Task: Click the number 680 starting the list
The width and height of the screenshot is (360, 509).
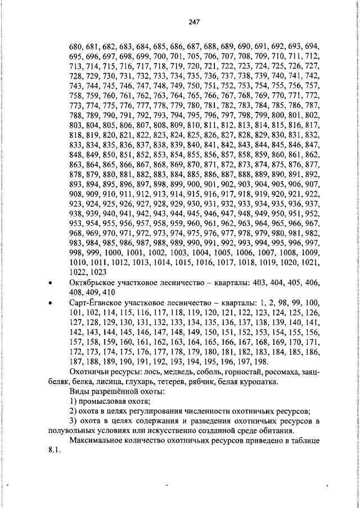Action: tap(75, 46)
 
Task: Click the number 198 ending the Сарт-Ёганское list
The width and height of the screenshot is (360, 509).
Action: tap(261, 362)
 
